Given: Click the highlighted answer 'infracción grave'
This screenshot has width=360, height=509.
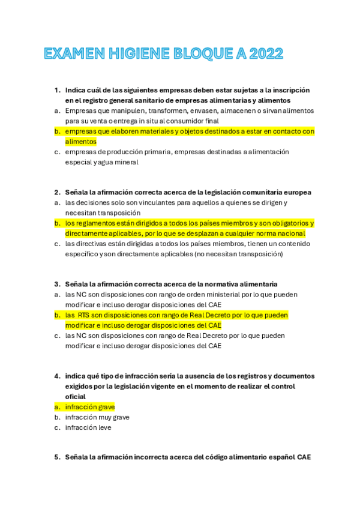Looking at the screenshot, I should (90, 407).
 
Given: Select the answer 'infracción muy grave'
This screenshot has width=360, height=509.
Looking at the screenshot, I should (97, 417).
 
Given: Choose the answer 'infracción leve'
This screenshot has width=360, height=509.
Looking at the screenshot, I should (88, 427).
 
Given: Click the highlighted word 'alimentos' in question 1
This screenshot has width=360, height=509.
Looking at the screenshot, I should (80, 142).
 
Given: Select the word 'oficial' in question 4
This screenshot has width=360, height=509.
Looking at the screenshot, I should (76, 397).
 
